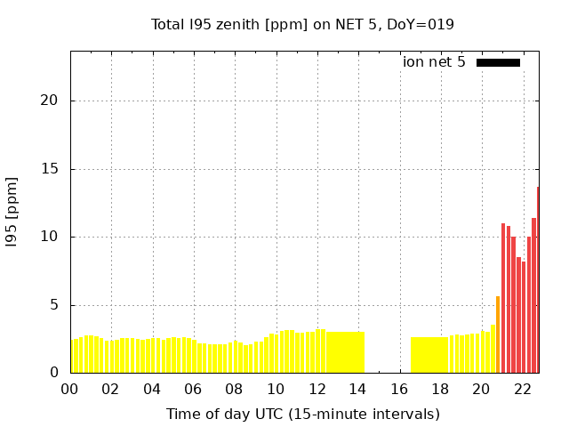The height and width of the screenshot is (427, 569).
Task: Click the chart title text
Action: click(x=302, y=24)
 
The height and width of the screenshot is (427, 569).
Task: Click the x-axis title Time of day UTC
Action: click(x=302, y=414)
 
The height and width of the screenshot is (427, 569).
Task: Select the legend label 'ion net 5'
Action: click(x=434, y=62)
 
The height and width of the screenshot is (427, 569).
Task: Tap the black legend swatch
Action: click(x=498, y=62)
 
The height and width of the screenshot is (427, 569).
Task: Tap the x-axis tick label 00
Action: click(x=69, y=389)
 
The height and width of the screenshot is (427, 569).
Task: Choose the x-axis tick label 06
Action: click(x=193, y=389)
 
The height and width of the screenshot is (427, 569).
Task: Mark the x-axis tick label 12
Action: click(x=317, y=389)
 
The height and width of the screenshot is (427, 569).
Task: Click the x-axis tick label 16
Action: click(x=399, y=389)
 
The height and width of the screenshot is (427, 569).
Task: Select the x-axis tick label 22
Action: click(x=522, y=389)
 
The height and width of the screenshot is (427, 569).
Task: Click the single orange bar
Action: click(x=498, y=334)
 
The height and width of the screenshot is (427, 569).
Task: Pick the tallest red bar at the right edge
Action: click(x=537, y=280)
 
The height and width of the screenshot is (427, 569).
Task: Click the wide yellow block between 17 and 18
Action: click(x=429, y=355)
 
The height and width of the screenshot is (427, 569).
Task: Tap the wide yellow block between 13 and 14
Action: click(x=346, y=352)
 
